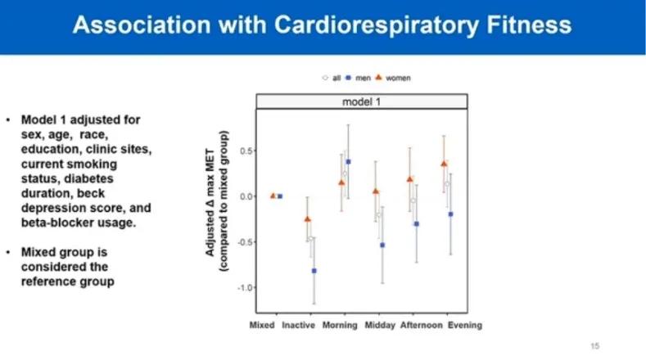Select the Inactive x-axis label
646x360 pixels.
(x=298, y=325)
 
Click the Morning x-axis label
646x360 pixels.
(x=339, y=325)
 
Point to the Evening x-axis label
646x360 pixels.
(x=463, y=325)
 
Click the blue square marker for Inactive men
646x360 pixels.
(x=314, y=271)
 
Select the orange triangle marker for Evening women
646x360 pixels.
(x=444, y=164)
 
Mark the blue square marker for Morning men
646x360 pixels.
(x=348, y=162)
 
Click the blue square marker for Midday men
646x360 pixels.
(x=382, y=245)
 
